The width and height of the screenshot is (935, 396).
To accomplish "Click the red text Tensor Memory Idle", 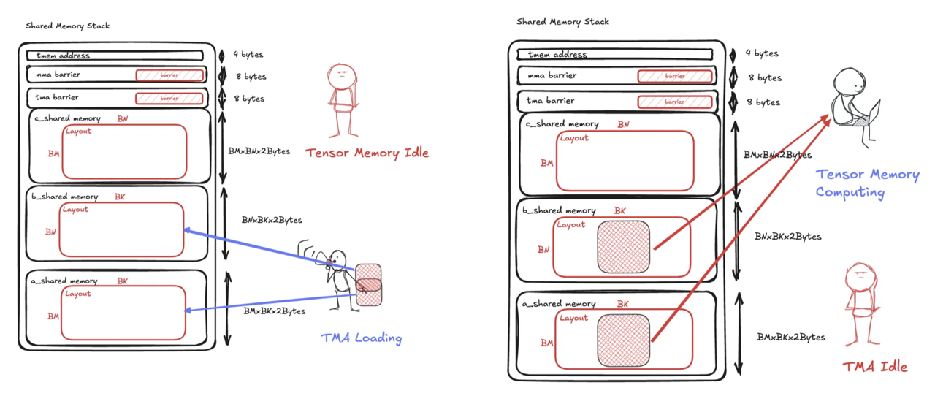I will (367, 153).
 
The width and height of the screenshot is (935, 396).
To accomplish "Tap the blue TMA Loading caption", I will (362, 338).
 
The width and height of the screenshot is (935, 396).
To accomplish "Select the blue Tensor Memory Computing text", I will (867, 183).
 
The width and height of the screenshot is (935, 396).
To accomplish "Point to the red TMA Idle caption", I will (875, 367).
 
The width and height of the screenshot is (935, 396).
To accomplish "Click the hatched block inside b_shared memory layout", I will (624, 246).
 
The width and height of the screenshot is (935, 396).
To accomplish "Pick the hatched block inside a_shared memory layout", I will (624, 339).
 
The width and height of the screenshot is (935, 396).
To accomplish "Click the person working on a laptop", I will (852, 99).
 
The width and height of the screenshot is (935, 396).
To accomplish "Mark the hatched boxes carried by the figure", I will (369, 284).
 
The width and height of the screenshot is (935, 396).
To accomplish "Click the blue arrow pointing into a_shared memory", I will (270, 302).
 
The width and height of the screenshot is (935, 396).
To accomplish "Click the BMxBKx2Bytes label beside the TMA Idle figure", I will (791, 338).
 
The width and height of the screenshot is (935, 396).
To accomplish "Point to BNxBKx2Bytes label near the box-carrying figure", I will (272, 220).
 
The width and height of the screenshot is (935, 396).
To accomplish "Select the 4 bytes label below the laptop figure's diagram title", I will (763, 53).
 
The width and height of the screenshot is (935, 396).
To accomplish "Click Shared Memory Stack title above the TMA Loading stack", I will (68, 26).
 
